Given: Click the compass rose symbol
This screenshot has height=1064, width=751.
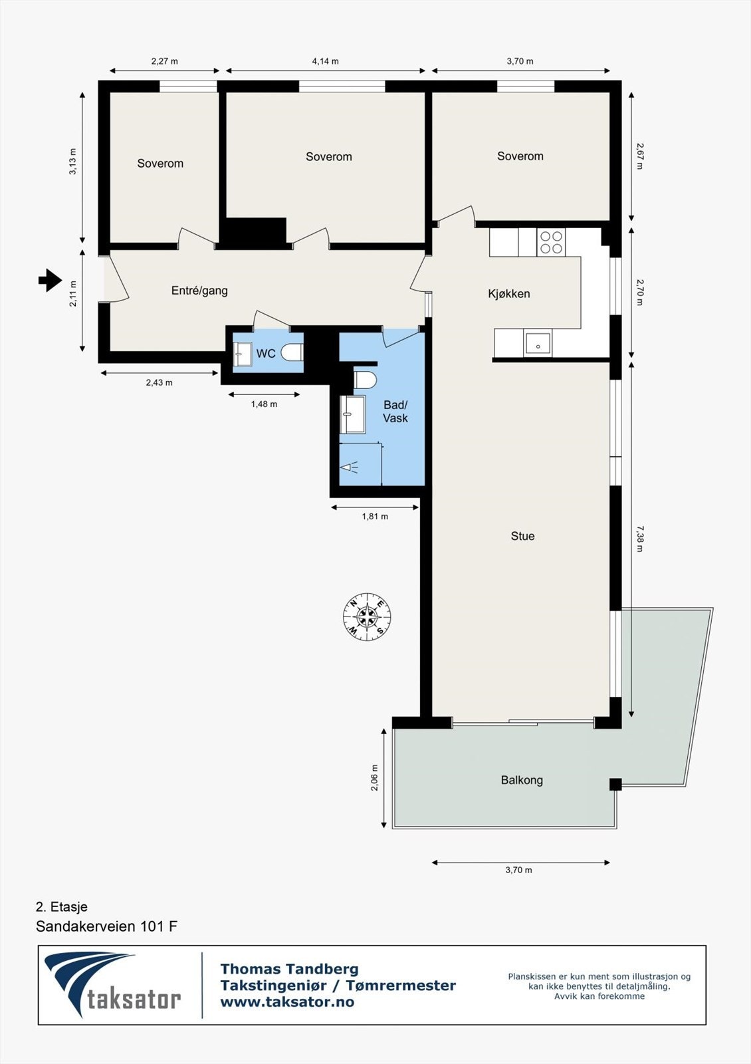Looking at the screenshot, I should pos(367,617).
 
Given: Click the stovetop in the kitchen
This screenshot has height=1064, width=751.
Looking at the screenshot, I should pos(551,243).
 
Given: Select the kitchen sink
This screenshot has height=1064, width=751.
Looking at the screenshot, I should pos(537,344).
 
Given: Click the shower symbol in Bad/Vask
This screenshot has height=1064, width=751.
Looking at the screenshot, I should pos(350,467).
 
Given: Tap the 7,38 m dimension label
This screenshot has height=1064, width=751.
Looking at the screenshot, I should pos(639,539).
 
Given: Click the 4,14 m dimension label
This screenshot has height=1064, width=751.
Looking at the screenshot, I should pos(325,61).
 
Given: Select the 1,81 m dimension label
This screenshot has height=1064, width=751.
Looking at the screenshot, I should pos(375,517).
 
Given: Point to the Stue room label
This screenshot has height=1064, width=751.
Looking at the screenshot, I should pos(522,536).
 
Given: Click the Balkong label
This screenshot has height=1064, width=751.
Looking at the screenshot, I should pos(522,780).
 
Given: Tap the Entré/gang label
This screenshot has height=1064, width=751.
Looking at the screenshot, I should pos(199,291).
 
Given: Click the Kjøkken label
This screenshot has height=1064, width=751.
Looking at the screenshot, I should pos(509,294).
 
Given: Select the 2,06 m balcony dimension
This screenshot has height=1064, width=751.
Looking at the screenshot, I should pos(374,777).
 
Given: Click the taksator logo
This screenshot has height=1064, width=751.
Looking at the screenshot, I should pos(113,985).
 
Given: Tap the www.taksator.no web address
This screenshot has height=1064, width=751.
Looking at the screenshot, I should pos(287,1001).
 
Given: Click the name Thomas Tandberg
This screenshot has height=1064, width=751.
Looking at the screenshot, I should pos(289,969).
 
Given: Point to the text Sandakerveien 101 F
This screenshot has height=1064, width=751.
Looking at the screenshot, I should pos(106,926).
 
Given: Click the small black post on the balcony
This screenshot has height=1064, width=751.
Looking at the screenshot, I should pos(615,784).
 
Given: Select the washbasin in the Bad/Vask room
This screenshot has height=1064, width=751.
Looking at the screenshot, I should pos(352,414).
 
